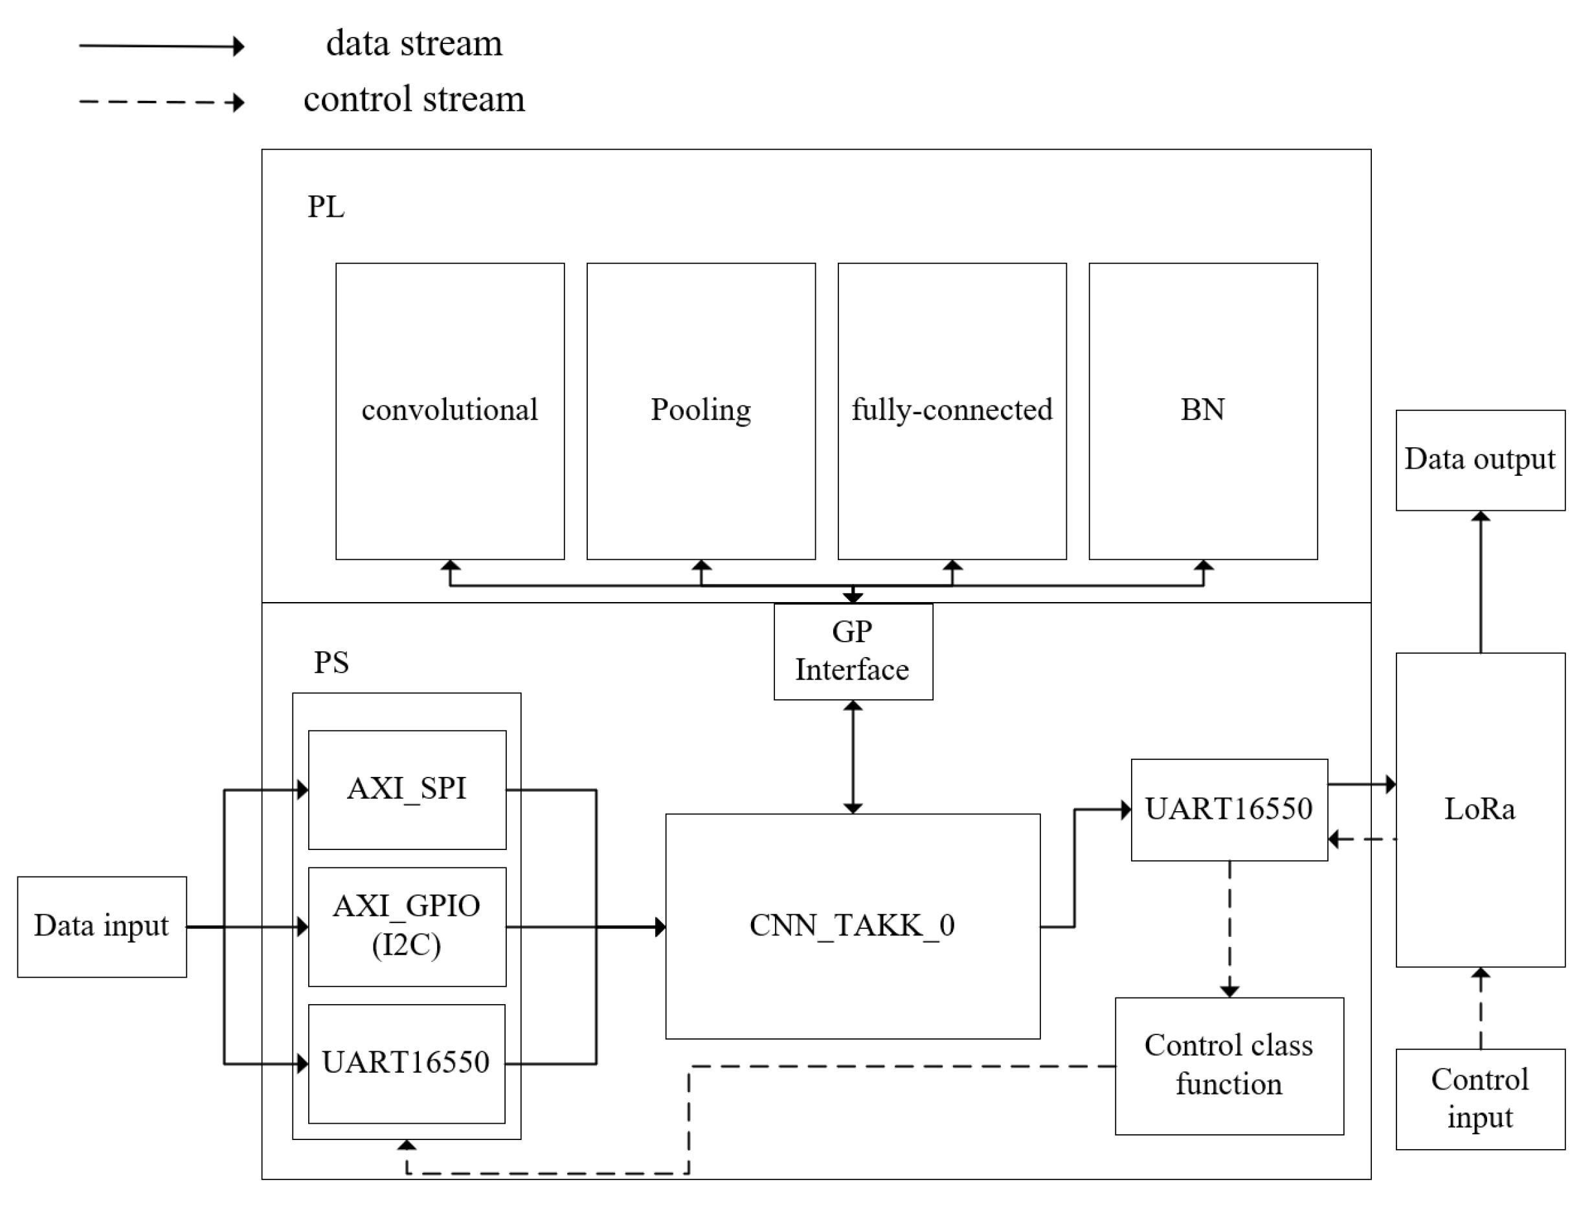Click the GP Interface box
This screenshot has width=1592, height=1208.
(x=853, y=651)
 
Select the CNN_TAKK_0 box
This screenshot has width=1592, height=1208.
(x=852, y=926)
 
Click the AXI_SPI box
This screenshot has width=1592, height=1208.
(x=407, y=789)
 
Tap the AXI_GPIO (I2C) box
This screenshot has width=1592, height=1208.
(x=407, y=926)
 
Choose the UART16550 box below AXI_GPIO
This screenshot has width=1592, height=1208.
(x=407, y=1063)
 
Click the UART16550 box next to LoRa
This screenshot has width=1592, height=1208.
(x=1229, y=809)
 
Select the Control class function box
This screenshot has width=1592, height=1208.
(x=1229, y=1066)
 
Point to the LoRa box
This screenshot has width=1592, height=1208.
(x=1480, y=809)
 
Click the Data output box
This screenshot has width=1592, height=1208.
(x=1480, y=460)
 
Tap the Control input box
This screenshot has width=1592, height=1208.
(x=1480, y=1099)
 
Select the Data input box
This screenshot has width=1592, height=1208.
(x=102, y=926)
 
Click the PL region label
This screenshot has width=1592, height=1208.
(x=326, y=207)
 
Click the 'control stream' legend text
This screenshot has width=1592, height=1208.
(x=414, y=99)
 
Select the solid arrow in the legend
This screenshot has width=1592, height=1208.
(x=162, y=46)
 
